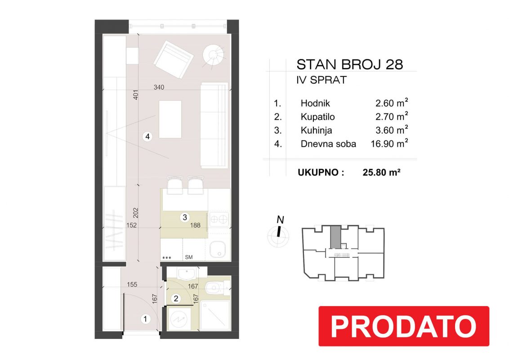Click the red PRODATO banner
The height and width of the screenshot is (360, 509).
click(403, 326)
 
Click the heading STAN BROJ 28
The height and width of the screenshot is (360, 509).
click(350, 65)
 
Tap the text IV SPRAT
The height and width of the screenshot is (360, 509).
click(321, 80)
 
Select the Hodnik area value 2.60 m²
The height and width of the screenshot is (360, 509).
click(392, 103)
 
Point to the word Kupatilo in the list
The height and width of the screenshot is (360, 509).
click(317, 117)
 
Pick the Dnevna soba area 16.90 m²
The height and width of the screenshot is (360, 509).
click(389, 144)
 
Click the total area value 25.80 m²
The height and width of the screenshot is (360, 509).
click(381, 172)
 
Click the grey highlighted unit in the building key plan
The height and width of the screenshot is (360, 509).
click(335, 237)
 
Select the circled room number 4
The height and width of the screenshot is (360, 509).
click(147, 136)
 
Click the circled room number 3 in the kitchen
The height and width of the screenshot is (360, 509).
click(185, 217)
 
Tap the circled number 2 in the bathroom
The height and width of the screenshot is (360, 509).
click(176, 298)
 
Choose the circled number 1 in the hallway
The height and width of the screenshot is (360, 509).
click(145, 319)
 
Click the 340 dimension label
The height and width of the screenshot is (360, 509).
click(159, 87)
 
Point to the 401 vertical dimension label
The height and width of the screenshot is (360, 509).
click(136, 94)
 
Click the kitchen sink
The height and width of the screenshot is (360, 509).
click(219, 250)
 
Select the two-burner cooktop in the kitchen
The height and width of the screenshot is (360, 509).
click(219, 220)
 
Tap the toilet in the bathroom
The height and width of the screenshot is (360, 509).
click(217, 288)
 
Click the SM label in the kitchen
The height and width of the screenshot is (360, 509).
click(188, 257)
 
